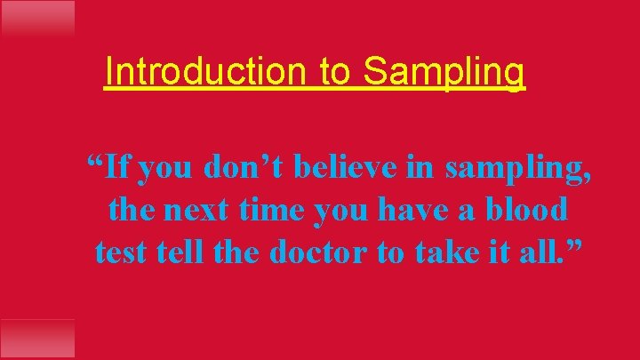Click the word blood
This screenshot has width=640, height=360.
pyautogui.click(x=525, y=210)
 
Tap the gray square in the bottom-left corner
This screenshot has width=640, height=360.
pyautogui.click(x=37, y=339)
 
